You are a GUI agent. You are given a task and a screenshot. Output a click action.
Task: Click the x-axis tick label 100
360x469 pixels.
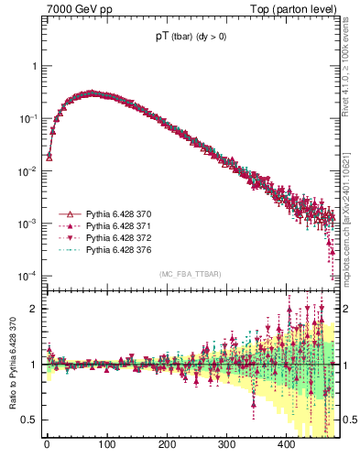point(106,444)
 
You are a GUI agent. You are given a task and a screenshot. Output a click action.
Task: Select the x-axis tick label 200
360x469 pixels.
point(167,444)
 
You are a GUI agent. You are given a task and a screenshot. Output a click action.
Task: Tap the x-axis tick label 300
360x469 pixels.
point(226,444)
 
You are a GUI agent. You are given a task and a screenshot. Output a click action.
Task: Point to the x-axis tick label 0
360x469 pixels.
point(47,444)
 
